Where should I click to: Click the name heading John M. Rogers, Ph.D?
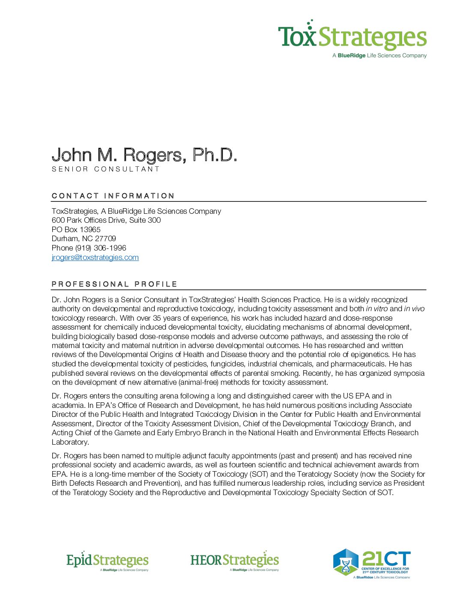point(144,155)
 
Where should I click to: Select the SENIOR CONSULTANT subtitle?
point(105,169)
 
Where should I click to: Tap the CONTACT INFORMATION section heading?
point(113,196)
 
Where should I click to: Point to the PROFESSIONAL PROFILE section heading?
point(114,284)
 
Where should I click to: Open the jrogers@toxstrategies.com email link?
point(95,257)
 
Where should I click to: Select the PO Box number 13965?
point(90,230)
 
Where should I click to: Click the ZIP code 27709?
point(105,239)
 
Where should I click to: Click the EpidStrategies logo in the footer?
point(108,561)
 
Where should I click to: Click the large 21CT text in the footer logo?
point(386,559)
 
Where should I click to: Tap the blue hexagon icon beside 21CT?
point(346,562)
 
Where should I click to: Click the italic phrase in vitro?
point(377,309)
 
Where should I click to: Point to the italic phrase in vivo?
point(414,309)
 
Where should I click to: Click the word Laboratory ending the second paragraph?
point(70,442)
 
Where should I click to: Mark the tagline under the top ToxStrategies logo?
point(379,56)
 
